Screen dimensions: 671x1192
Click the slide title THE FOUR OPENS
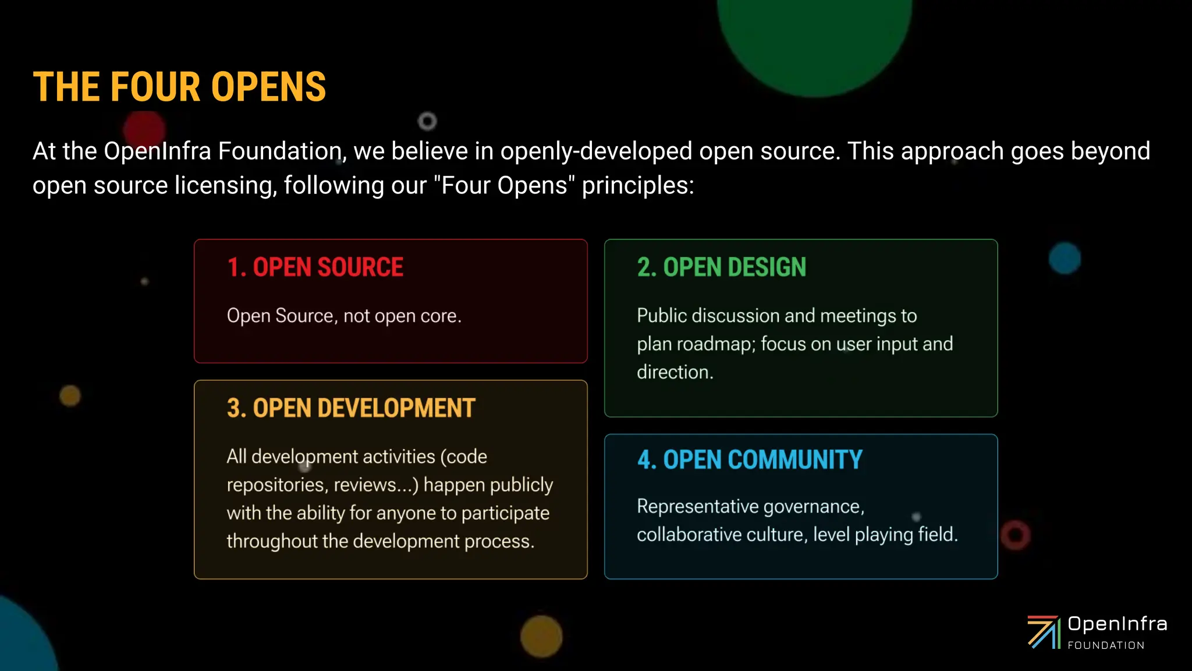[x=179, y=87]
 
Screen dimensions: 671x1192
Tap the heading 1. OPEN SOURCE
[x=315, y=267]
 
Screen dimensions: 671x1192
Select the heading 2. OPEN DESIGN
[x=721, y=267]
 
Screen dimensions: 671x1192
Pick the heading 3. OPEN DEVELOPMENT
[x=351, y=408]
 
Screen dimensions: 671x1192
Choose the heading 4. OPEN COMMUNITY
[x=750, y=460]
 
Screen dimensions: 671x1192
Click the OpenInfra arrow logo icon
[x=1043, y=632]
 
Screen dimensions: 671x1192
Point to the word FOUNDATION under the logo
[x=1106, y=645]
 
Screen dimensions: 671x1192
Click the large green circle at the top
[x=815, y=35]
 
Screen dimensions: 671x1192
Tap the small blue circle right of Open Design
[x=1065, y=258]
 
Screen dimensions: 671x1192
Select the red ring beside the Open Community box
[x=1016, y=535]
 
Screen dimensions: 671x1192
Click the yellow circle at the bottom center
[x=541, y=636]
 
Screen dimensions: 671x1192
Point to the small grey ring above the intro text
[x=427, y=121]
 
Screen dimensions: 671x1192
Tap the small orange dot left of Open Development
[x=70, y=396]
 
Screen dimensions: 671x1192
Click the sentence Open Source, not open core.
[x=344, y=316]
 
